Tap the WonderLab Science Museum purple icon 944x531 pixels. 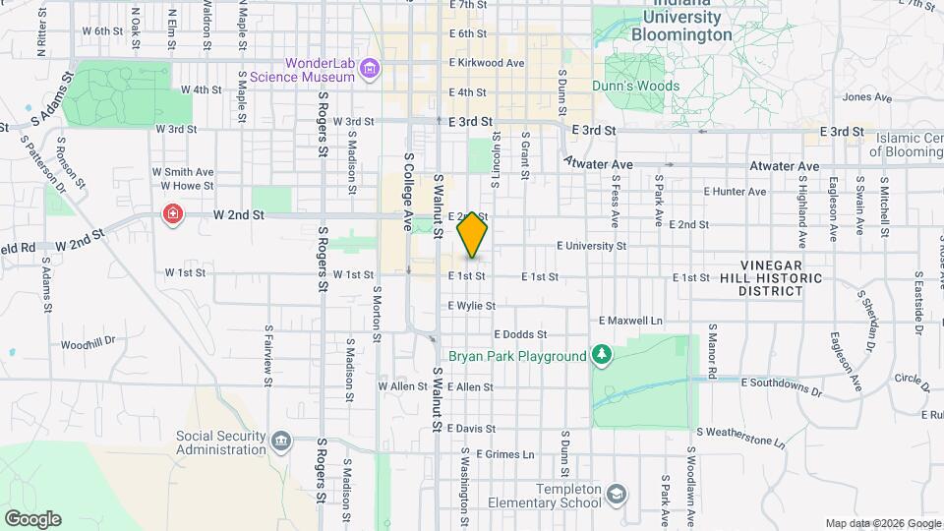370,69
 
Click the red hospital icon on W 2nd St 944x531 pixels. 173,214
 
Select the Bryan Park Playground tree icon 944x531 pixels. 601,355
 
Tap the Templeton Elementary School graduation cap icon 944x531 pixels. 617,494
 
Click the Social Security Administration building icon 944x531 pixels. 282,440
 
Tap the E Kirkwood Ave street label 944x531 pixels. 486,63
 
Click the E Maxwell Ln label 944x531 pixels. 630,321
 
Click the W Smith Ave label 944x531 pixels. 182,171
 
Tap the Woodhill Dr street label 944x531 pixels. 88,344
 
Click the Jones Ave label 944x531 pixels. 866,97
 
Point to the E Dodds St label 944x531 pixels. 519,334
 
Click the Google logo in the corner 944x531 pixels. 32,519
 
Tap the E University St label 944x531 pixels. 591,246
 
